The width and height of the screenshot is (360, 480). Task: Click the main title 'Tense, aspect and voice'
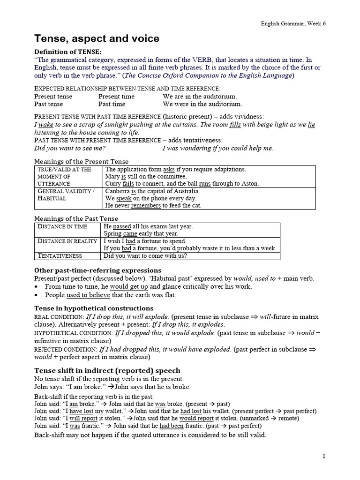pos(97,38)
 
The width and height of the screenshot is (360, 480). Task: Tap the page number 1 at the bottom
pos(323,456)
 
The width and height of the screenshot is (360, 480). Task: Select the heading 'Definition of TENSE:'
pos(67,52)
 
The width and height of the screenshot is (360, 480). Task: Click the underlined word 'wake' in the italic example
pos(46,125)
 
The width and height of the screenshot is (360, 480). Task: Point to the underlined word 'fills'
pos(235,125)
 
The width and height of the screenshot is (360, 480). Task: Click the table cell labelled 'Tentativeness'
pos(60,256)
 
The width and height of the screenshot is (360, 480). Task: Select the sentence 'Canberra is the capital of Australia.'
pos(152,191)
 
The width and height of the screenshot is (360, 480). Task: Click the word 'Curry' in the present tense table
pos(113,184)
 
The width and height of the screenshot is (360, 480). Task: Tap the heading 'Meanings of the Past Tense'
pos(77,218)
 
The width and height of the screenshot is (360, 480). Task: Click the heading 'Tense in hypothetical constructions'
pos(94,308)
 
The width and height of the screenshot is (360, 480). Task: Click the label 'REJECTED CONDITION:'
pos(66,349)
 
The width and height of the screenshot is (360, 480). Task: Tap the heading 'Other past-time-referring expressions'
pos(97,270)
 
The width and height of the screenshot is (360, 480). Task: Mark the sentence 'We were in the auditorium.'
pos(202,104)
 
